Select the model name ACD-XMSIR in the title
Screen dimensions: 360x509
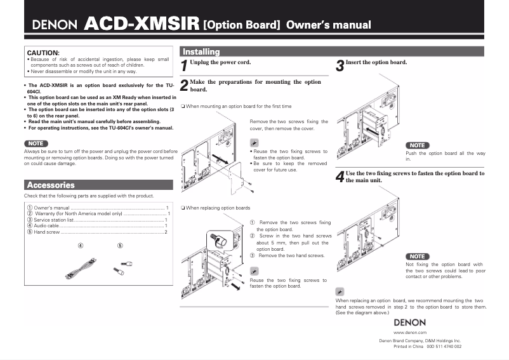tap(142, 25)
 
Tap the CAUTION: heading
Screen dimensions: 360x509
tap(43, 52)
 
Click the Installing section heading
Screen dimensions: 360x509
tap(201, 52)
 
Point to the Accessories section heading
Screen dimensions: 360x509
tap(51, 185)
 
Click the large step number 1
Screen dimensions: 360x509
tap(184, 65)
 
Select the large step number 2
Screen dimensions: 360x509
tap(184, 86)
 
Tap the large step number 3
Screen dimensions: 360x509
tap(340, 65)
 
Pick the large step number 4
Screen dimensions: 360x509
tap(340, 177)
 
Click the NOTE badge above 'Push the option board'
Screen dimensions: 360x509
tap(417, 145)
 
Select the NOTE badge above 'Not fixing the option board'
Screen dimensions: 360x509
tap(417, 257)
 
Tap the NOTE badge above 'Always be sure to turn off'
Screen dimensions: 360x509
tap(36, 143)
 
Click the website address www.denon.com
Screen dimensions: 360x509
tap(409, 332)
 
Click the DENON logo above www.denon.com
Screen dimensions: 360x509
tap(409, 322)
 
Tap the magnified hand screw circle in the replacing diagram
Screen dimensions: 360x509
tap(219, 241)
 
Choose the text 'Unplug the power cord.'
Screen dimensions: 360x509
tap(220, 62)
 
